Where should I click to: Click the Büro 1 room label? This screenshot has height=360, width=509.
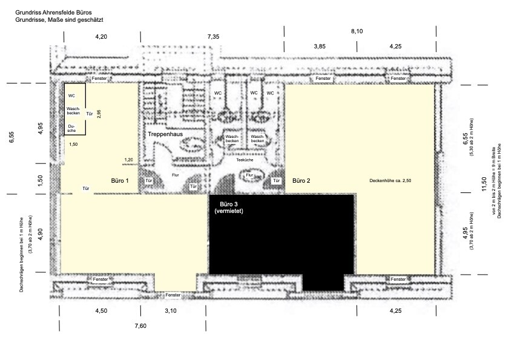point(120,181)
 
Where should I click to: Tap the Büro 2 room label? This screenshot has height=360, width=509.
point(301,181)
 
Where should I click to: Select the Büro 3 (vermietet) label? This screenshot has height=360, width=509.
point(229,208)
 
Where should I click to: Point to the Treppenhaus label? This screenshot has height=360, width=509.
point(165,134)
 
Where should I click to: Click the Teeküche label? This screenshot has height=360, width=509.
point(245,160)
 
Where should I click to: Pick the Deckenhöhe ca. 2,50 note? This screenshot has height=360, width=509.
point(390,180)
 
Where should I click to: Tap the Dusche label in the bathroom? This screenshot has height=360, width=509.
point(72,128)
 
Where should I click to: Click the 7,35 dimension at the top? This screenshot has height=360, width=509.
point(213,37)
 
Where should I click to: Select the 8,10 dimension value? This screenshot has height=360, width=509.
point(356,31)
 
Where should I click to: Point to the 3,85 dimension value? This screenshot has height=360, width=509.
point(320,47)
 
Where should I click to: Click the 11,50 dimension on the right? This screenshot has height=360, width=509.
point(484,184)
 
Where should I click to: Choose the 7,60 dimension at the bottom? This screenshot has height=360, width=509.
point(140,326)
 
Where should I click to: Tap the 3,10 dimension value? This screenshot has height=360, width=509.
point(171,310)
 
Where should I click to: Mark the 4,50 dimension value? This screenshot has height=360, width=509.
point(101,310)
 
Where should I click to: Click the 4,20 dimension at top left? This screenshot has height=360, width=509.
point(101,37)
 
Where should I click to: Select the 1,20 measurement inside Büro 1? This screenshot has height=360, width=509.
point(128,160)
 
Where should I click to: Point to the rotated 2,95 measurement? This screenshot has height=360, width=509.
point(99,114)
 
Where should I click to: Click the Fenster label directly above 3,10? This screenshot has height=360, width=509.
point(172,295)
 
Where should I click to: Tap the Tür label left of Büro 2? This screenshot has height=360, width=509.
point(276,181)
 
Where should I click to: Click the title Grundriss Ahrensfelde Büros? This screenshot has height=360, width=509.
point(53,13)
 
